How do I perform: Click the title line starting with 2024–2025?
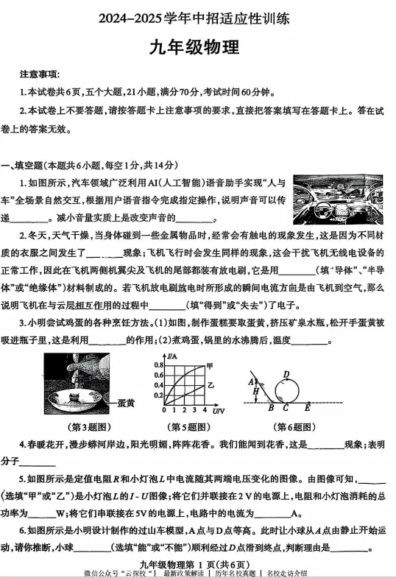tap(198, 16)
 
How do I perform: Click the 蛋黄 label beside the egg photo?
tap(126, 403)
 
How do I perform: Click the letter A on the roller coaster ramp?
tap(251, 381)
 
